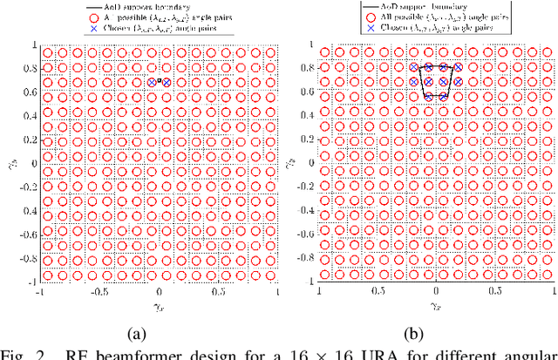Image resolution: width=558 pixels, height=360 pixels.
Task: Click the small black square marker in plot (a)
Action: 159,81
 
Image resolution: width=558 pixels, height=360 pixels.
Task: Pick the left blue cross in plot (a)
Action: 152,82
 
